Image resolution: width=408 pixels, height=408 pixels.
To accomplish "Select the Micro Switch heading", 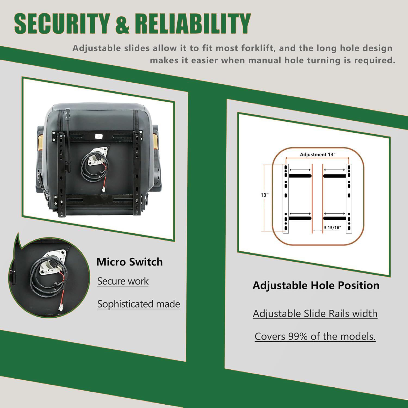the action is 129,262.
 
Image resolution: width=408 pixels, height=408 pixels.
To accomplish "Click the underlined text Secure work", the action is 123,281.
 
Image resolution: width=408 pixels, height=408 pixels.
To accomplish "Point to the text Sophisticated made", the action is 138,304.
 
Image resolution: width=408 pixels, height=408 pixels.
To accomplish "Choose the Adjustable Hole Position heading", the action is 316,286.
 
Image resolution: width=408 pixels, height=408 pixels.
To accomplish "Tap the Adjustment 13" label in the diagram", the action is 318,154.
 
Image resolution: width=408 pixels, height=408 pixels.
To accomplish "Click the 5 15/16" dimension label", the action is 332,227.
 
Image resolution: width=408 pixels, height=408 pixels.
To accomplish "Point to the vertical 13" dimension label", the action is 265,195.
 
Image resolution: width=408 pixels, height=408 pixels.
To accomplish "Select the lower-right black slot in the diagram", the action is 335,218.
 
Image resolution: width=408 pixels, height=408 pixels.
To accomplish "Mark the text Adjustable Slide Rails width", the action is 315,314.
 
